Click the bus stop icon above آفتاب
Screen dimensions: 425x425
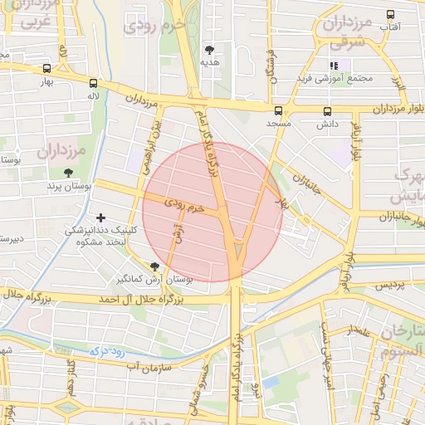[389, 14]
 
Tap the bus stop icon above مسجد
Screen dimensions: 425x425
[277, 110]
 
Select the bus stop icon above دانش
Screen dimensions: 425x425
[326, 110]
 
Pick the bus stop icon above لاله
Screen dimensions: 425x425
[92, 83]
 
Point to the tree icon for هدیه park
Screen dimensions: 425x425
[208, 49]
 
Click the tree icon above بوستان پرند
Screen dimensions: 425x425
[67, 173]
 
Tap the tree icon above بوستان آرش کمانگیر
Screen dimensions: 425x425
[154, 266]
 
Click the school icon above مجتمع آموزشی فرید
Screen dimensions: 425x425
[335, 66]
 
